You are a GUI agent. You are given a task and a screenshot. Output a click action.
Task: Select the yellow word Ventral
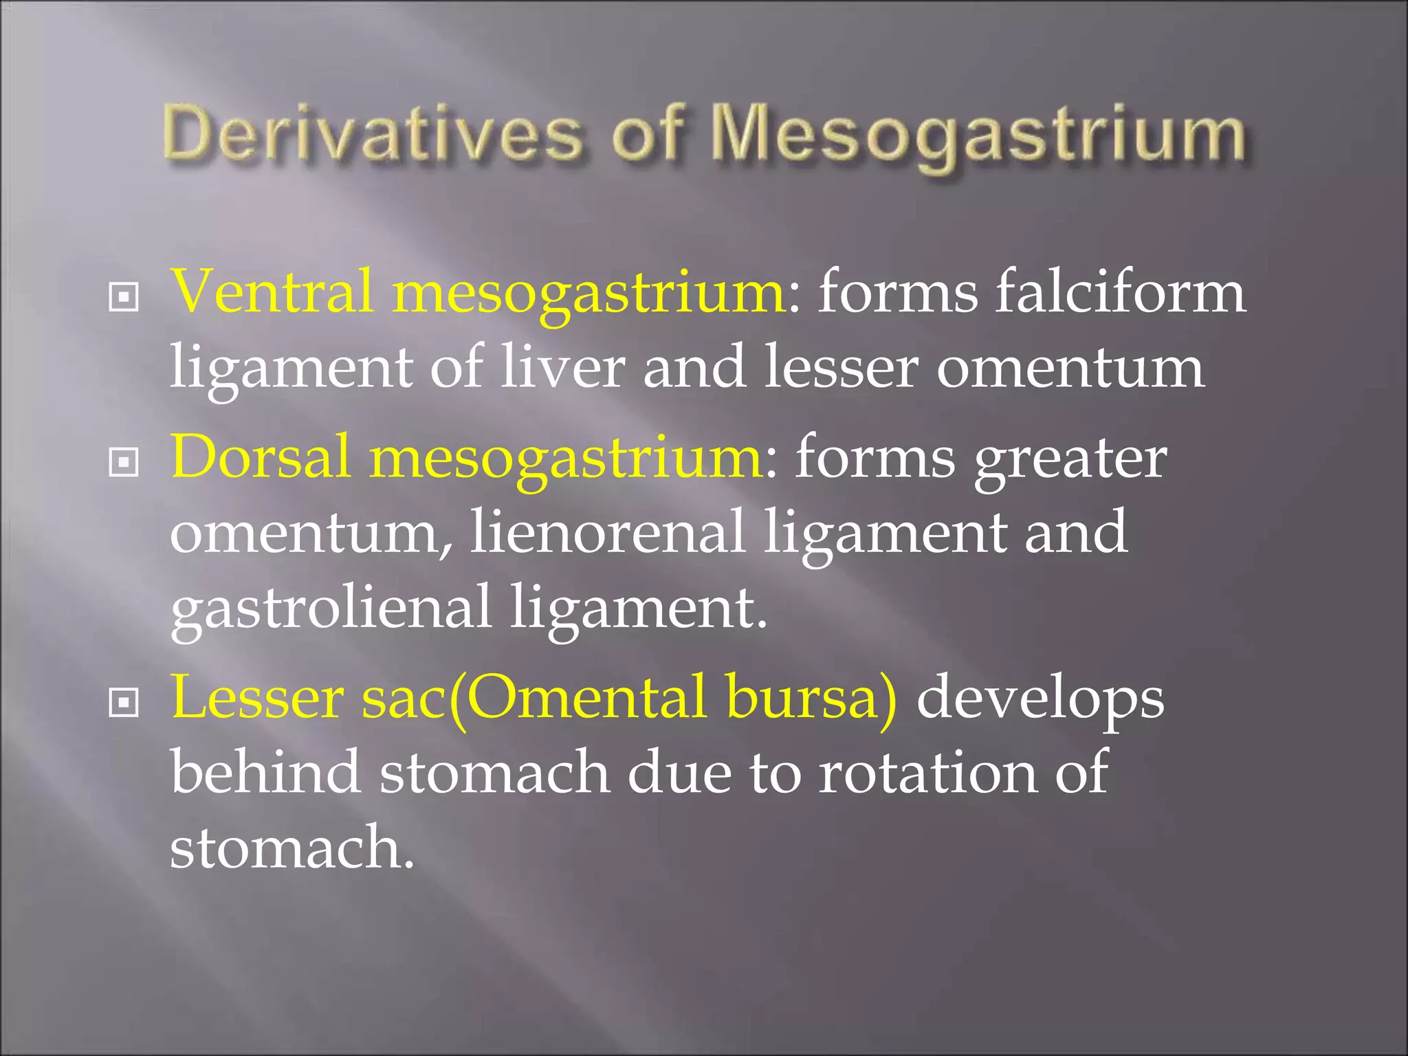pyautogui.click(x=272, y=292)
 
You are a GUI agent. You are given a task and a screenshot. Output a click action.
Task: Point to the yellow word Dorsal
pyautogui.click(x=261, y=458)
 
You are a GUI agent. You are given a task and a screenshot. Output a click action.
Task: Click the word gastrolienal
pyautogui.click(x=330, y=608)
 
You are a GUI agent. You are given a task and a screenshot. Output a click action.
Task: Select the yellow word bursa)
pyautogui.click(x=811, y=698)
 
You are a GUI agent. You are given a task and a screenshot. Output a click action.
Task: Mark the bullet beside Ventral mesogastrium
pyautogui.click(x=124, y=298)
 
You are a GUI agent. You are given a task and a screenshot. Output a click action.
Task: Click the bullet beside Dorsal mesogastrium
pyautogui.click(x=124, y=463)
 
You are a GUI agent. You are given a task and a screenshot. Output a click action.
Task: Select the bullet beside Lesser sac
pyautogui.click(x=124, y=703)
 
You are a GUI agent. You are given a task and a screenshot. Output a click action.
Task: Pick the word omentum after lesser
pyautogui.click(x=1070, y=368)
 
